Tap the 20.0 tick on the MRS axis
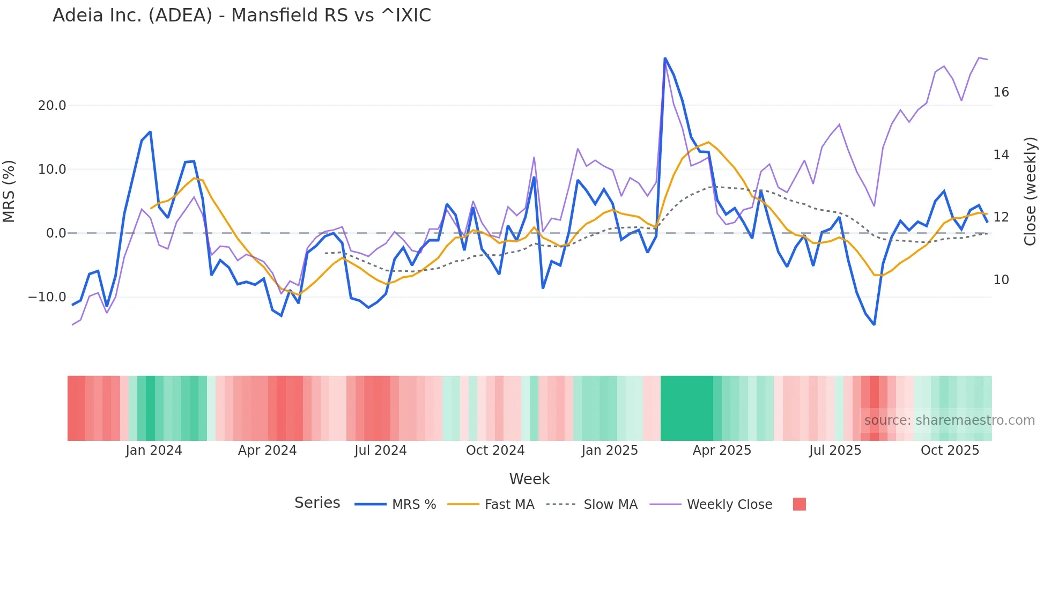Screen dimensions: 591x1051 [52, 106]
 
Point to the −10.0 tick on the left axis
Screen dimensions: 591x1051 [47, 297]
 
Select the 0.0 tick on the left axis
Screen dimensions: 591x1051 [56, 233]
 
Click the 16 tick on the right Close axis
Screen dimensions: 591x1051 [1001, 92]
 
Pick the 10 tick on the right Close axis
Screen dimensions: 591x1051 [1001, 280]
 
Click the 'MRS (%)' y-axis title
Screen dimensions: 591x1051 [9, 191]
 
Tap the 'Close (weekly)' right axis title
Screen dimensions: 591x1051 [1030, 191]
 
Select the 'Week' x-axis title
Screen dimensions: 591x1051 [529, 479]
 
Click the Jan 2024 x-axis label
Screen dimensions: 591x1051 [154, 450]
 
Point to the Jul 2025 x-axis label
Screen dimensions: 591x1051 [835, 450]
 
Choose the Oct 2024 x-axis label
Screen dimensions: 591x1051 [495, 450]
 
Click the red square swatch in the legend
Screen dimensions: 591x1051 [799, 504]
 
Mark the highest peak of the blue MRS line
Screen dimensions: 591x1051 [665, 58]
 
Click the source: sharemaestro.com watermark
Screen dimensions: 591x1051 [949, 420]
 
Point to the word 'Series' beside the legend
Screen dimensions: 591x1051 [317, 503]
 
